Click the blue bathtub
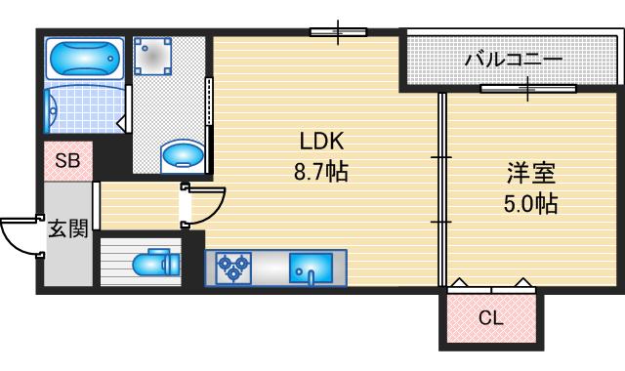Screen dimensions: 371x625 pyautogui.click(x=83, y=60)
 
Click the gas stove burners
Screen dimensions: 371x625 pyautogui.click(x=234, y=267)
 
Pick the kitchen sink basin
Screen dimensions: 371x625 pyautogui.click(x=311, y=266)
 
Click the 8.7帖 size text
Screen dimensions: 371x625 pyautogui.click(x=321, y=173)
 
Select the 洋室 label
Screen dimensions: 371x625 pyautogui.click(x=531, y=176)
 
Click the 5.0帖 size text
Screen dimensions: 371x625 pyautogui.click(x=531, y=205)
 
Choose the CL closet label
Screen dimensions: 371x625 pyautogui.click(x=491, y=316)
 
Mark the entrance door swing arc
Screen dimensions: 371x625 pyautogui.click(x=20, y=237)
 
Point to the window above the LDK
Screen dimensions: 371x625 pyautogui.click(x=338, y=32)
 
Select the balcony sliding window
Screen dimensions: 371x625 pyautogui.click(x=527, y=90)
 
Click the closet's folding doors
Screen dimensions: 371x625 pyautogui.click(x=491, y=287)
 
